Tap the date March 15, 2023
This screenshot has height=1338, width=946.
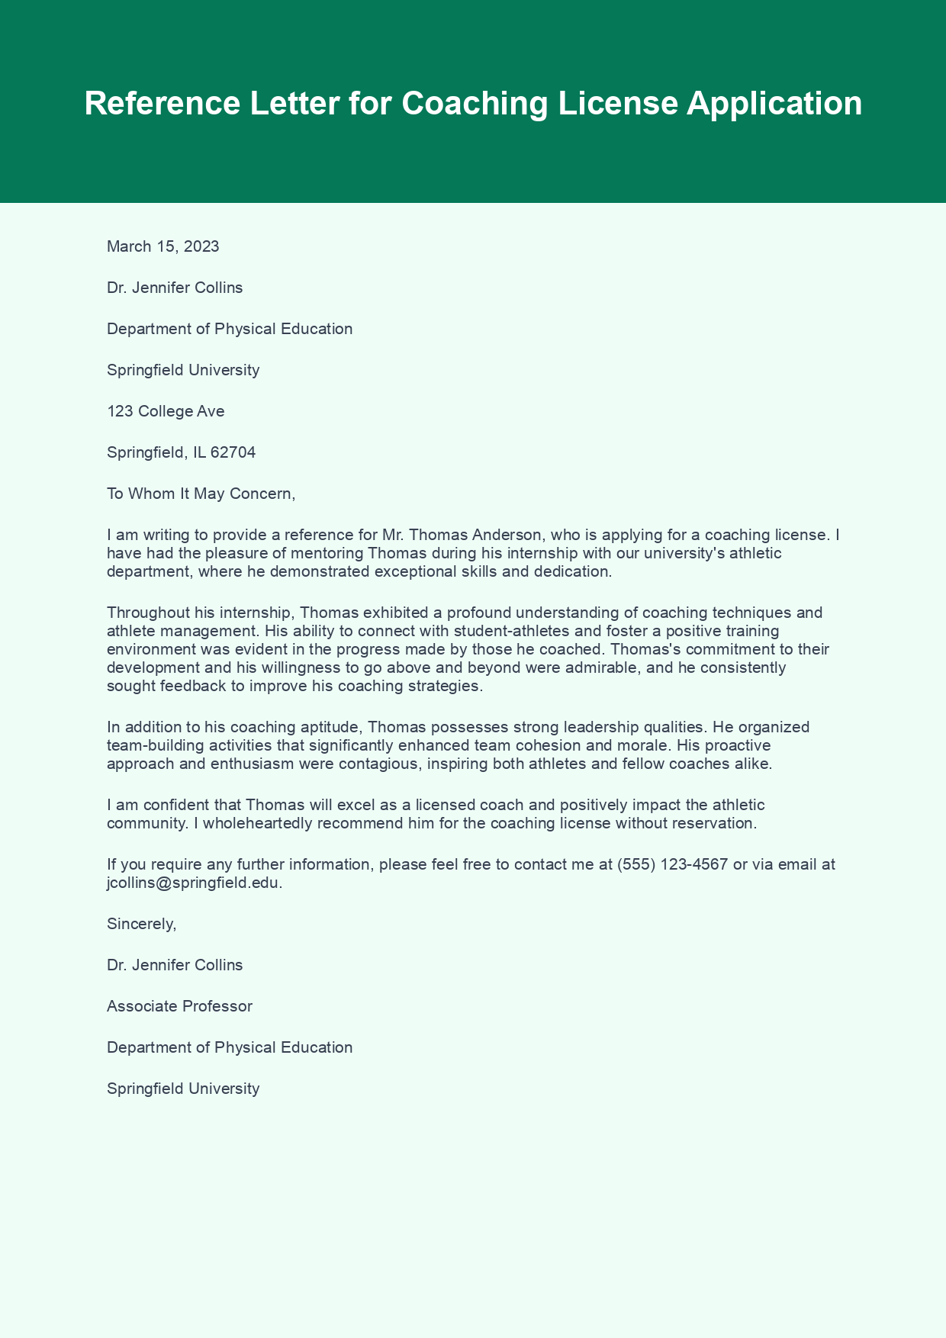[x=162, y=246]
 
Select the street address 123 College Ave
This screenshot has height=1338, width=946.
[x=166, y=411]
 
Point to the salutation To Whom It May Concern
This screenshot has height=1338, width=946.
[x=200, y=494]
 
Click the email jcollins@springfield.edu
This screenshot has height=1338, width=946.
[x=194, y=883]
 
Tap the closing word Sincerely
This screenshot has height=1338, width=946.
[x=141, y=924]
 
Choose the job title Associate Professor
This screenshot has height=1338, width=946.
[x=179, y=1006]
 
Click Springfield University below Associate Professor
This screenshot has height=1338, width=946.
[x=183, y=1089]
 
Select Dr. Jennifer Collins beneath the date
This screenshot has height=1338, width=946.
[x=175, y=288]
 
